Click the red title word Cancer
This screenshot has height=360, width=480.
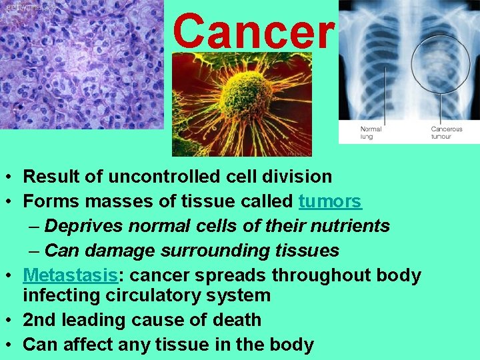tap(252, 31)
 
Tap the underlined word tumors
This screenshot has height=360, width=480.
tap(330, 201)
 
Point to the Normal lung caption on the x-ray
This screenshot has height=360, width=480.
tap(371, 132)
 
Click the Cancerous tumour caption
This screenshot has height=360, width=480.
tap(446, 132)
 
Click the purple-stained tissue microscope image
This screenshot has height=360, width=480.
tap(81, 64)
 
